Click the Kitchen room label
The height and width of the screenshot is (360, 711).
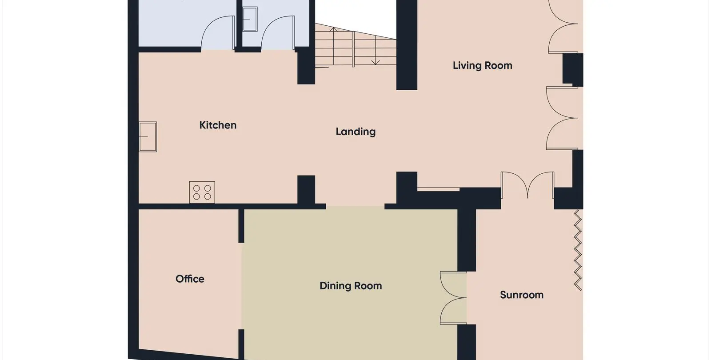coord(218,125)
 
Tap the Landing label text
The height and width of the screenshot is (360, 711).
coord(355,132)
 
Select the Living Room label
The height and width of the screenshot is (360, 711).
coord(482,66)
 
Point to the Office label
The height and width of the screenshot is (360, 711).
coord(190,279)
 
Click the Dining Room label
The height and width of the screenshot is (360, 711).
coord(351,286)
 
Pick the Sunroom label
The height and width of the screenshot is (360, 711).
coord(522,295)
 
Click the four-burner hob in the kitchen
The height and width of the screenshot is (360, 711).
coord(202,192)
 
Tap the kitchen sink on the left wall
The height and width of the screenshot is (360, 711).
coord(148,137)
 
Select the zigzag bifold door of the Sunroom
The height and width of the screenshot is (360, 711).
coord(578,250)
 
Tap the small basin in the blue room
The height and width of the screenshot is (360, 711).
coord(250,19)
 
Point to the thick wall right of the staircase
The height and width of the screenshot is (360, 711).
coord(407,45)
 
